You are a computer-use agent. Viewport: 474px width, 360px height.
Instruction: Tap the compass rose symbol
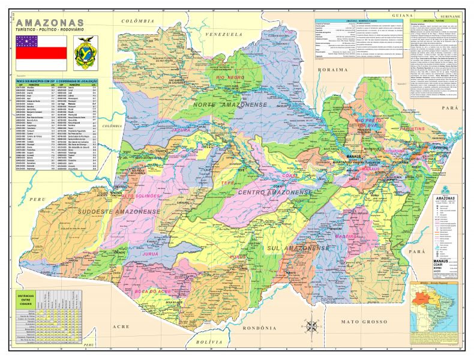(312, 327)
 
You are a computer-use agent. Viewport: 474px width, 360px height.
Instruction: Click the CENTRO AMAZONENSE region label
(275, 193)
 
